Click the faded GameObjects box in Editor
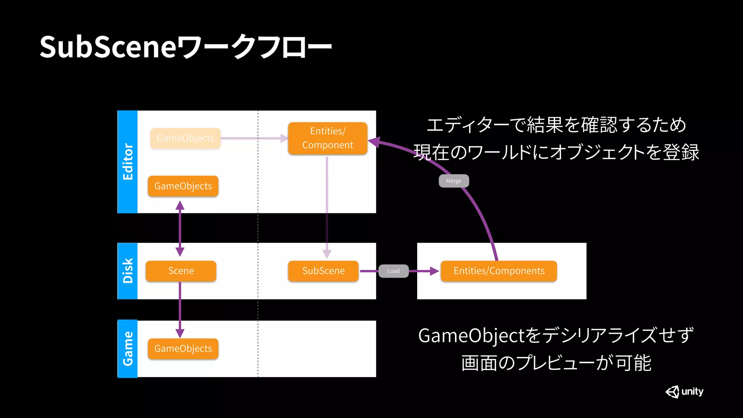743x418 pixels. click(x=185, y=138)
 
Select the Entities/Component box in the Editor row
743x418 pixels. click(x=328, y=138)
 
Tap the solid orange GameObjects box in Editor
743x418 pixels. click(x=183, y=186)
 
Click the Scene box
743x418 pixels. click(x=181, y=271)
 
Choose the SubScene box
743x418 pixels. click(x=323, y=271)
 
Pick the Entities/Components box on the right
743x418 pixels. click(x=499, y=271)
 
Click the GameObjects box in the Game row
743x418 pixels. click(x=183, y=349)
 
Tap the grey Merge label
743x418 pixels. click(x=454, y=181)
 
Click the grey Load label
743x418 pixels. click(x=394, y=271)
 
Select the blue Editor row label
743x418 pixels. click(x=128, y=162)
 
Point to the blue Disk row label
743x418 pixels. click(x=128, y=271)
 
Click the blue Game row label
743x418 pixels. click(x=128, y=349)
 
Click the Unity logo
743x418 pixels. click(x=684, y=392)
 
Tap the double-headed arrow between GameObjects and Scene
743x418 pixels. click(x=180, y=229)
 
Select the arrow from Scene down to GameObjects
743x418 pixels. click(x=180, y=308)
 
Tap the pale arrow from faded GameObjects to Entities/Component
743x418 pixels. click(x=254, y=138)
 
